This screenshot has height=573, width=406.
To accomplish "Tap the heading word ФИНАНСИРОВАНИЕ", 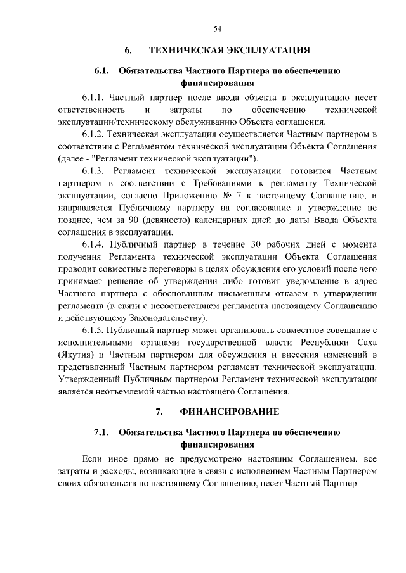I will [x=230, y=412].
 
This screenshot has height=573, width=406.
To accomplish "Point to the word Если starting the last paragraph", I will [x=94, y=458].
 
